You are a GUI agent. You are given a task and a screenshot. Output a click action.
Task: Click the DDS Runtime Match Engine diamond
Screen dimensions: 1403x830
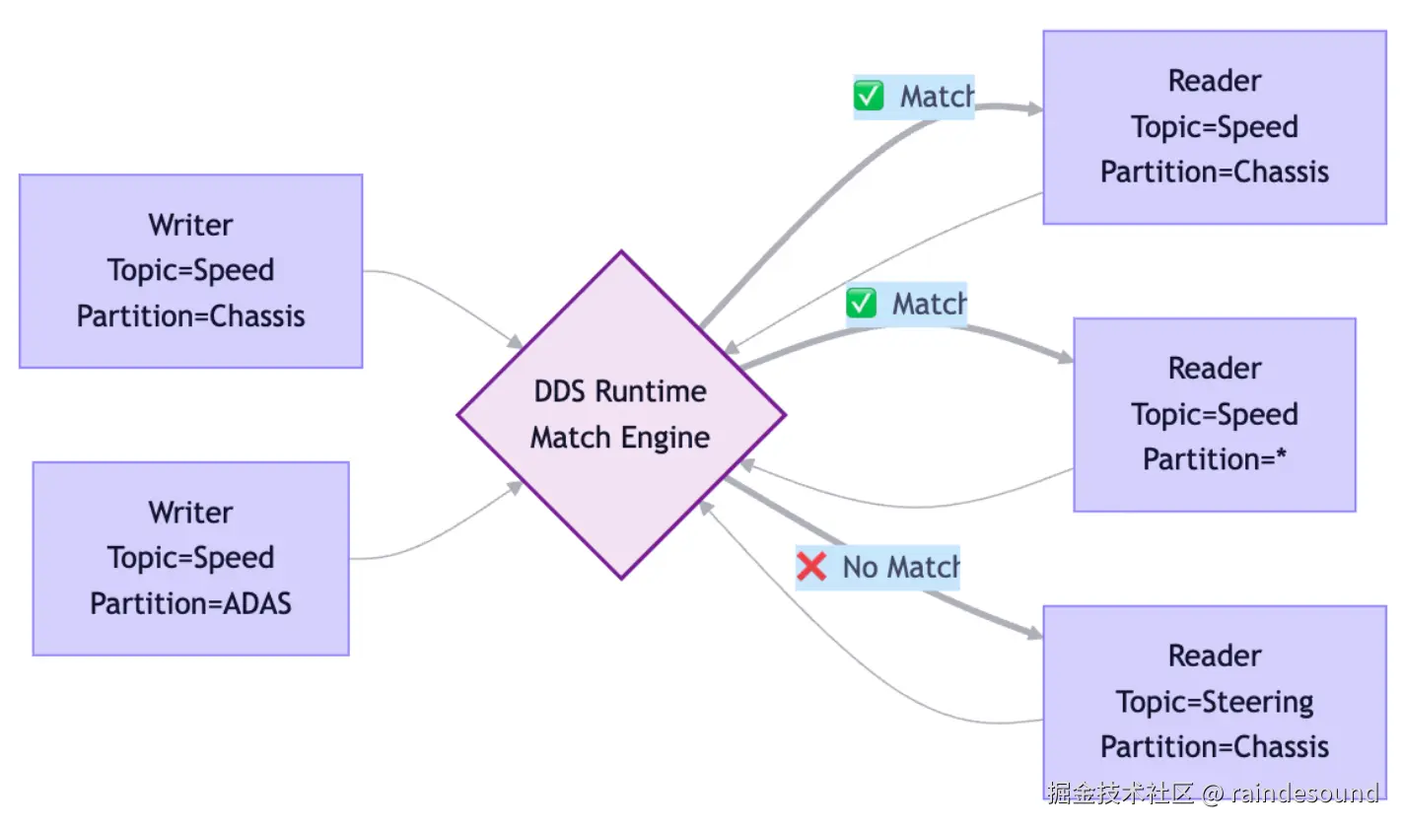(621, 415)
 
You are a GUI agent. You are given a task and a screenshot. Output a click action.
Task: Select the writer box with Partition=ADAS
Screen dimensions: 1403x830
(191, 559)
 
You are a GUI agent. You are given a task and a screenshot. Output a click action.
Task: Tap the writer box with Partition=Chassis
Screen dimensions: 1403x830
(191, 271)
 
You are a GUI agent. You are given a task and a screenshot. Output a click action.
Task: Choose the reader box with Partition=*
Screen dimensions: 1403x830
(1215, 415)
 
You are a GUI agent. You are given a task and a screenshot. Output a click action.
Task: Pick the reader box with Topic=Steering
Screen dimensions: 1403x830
(1215, 702)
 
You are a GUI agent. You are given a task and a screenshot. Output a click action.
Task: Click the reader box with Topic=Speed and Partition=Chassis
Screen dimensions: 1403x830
(1215, 127)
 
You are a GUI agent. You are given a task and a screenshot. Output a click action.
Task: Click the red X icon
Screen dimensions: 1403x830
(811, 567)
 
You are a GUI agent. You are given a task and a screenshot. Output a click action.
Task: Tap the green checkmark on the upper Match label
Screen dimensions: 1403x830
(869, 96)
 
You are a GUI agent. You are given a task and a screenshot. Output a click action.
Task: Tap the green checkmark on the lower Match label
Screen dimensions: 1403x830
(861, 304)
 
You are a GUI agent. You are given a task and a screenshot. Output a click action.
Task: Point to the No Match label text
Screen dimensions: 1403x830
(901, 568)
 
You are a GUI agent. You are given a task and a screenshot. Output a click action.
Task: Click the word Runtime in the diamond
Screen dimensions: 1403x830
(651, 391)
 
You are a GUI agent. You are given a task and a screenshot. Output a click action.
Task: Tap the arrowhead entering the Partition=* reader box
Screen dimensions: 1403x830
(1065, 357)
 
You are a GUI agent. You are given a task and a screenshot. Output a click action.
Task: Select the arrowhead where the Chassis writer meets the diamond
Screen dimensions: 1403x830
(516, 342)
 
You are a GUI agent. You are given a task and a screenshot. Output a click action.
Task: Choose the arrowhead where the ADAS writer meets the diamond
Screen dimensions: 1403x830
(515, 487)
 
